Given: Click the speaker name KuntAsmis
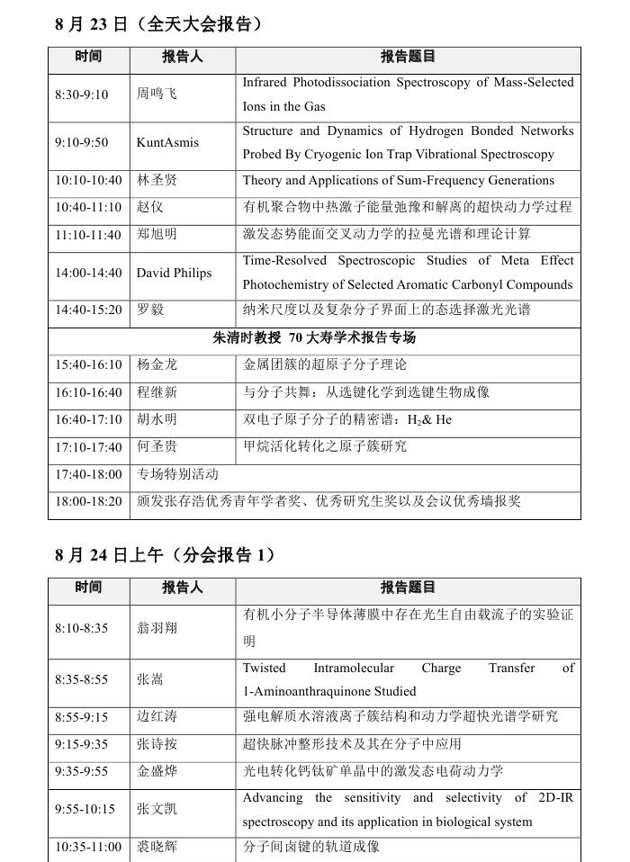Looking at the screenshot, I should coord(167,143).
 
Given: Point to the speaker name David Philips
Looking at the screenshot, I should coord(175,273).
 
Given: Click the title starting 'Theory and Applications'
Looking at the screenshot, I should coord(398,180).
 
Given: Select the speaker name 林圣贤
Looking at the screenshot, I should coord(157,180).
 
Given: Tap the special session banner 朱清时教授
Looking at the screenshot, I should coord(314,338).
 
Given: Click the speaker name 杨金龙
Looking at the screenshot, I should coord(157,365).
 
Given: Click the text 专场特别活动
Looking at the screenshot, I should coord(177,473).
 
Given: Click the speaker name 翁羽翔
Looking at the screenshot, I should coord(157,628).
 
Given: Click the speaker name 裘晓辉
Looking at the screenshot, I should coord(157,847).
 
